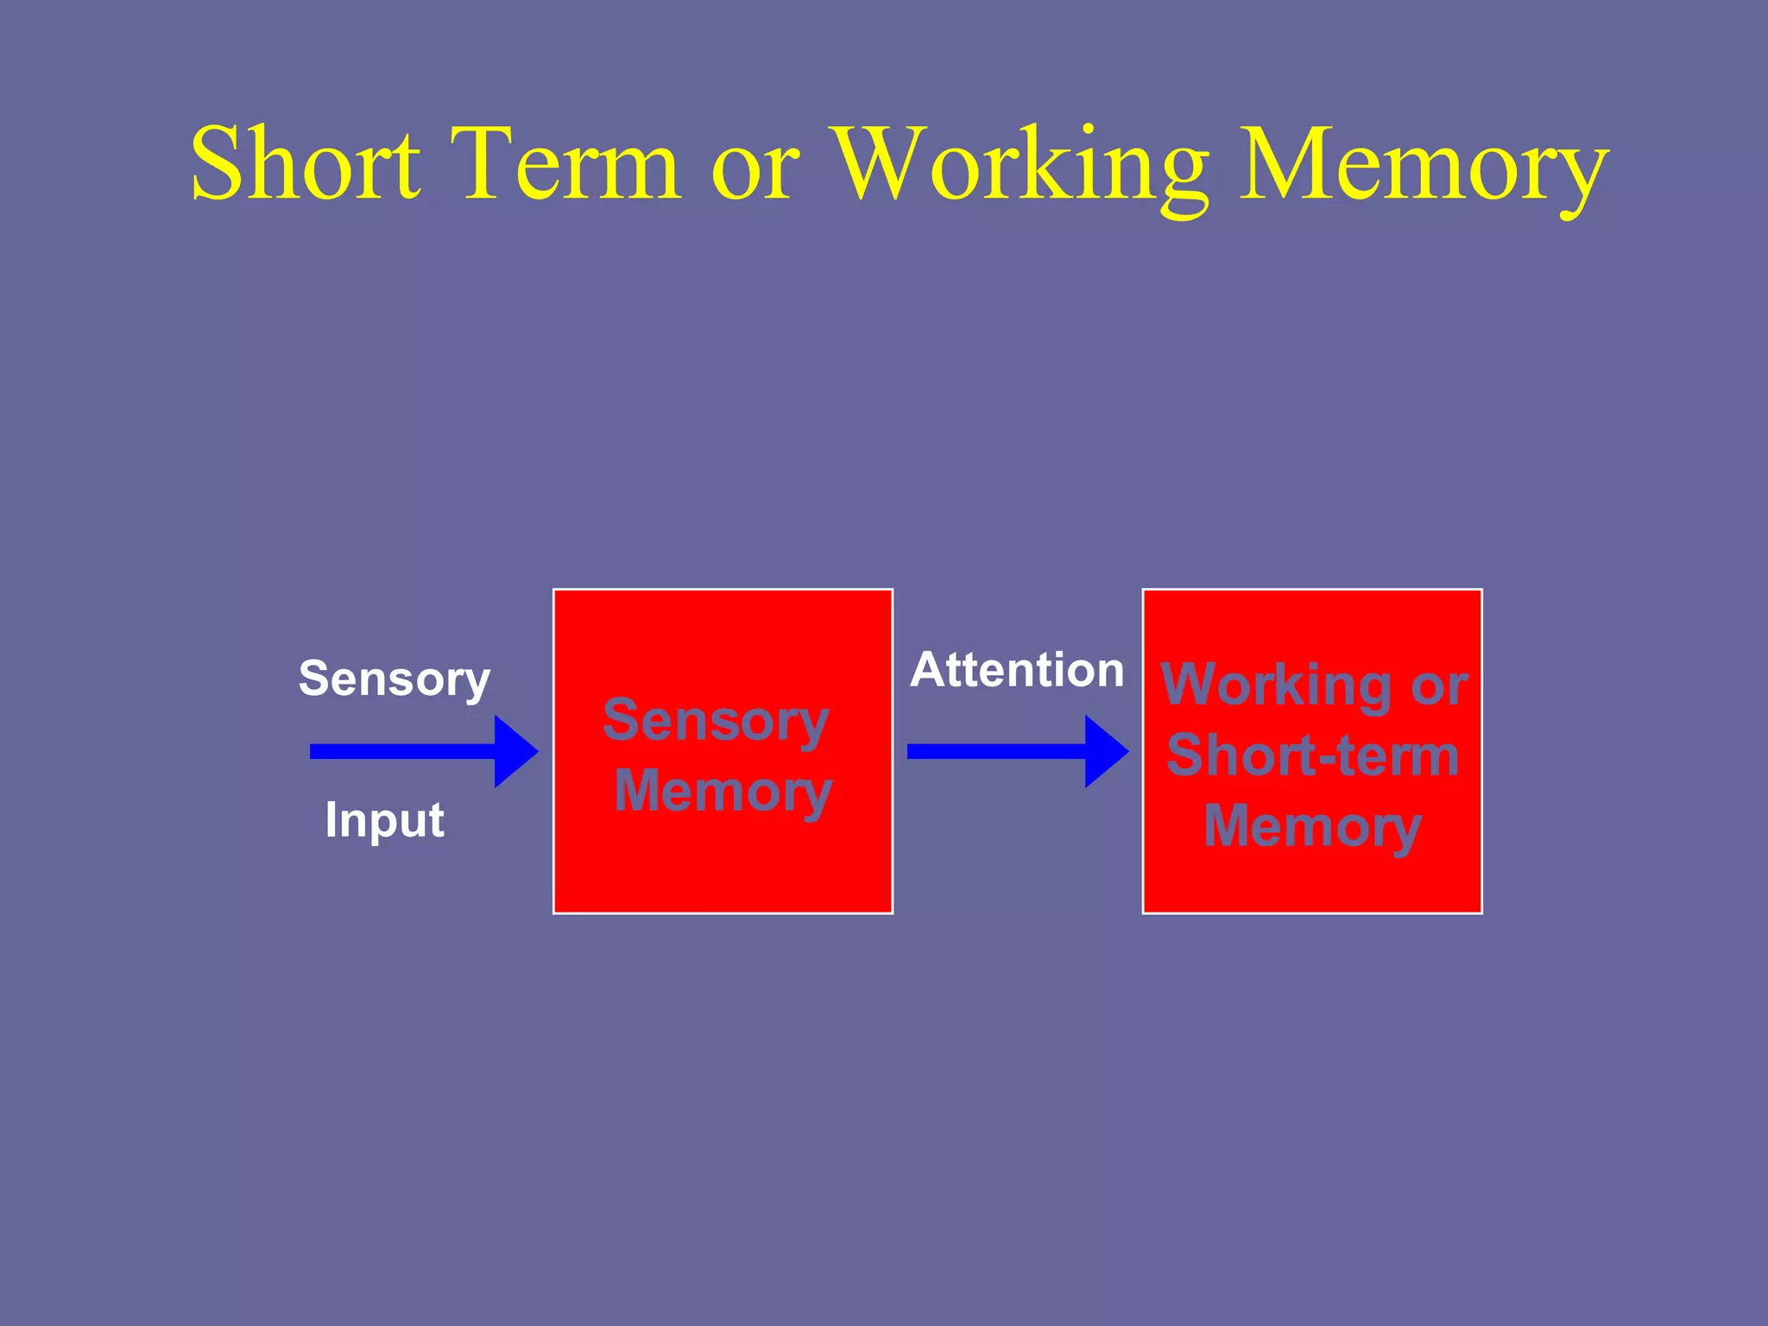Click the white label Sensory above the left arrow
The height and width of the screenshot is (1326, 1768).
tap(394, 679)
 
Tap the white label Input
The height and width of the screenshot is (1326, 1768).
tap(384, 819)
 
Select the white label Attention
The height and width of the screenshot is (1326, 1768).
tap(1016, 670)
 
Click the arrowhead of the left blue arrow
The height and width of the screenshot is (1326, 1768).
tap(515, 751)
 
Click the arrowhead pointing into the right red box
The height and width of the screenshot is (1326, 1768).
tap(1106, 751)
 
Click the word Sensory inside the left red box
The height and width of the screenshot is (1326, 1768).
tap(716, 721)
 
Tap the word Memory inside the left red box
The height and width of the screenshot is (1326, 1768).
tap(723, 792)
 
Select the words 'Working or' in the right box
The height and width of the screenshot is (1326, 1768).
tap(1313, 685)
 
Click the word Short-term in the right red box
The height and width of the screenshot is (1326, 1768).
tap(1312, 756)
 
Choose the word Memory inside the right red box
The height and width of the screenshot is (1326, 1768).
tap(1312, 827)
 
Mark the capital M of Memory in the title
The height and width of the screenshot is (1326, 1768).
tap(1287, 164)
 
